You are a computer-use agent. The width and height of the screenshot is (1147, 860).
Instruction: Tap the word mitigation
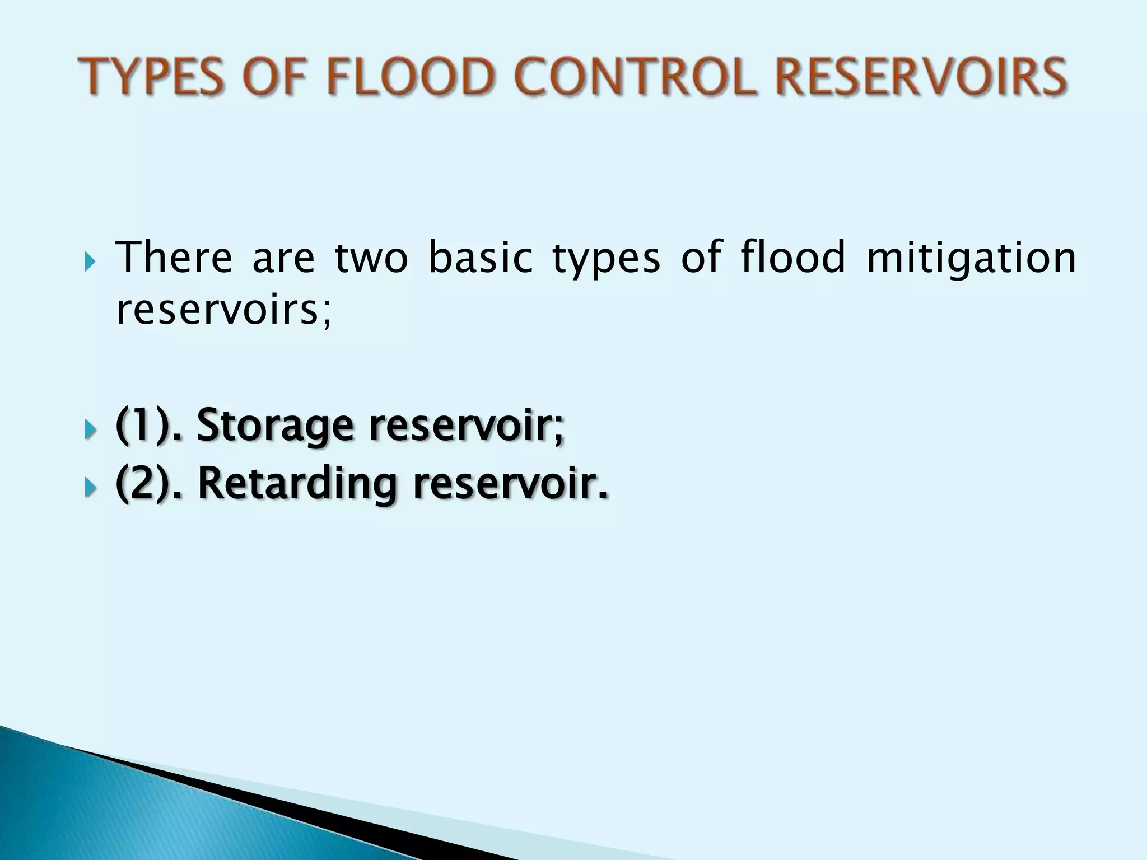click(x=971, y=259)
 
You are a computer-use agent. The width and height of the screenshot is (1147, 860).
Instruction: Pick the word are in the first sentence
click(x=283, y=259)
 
